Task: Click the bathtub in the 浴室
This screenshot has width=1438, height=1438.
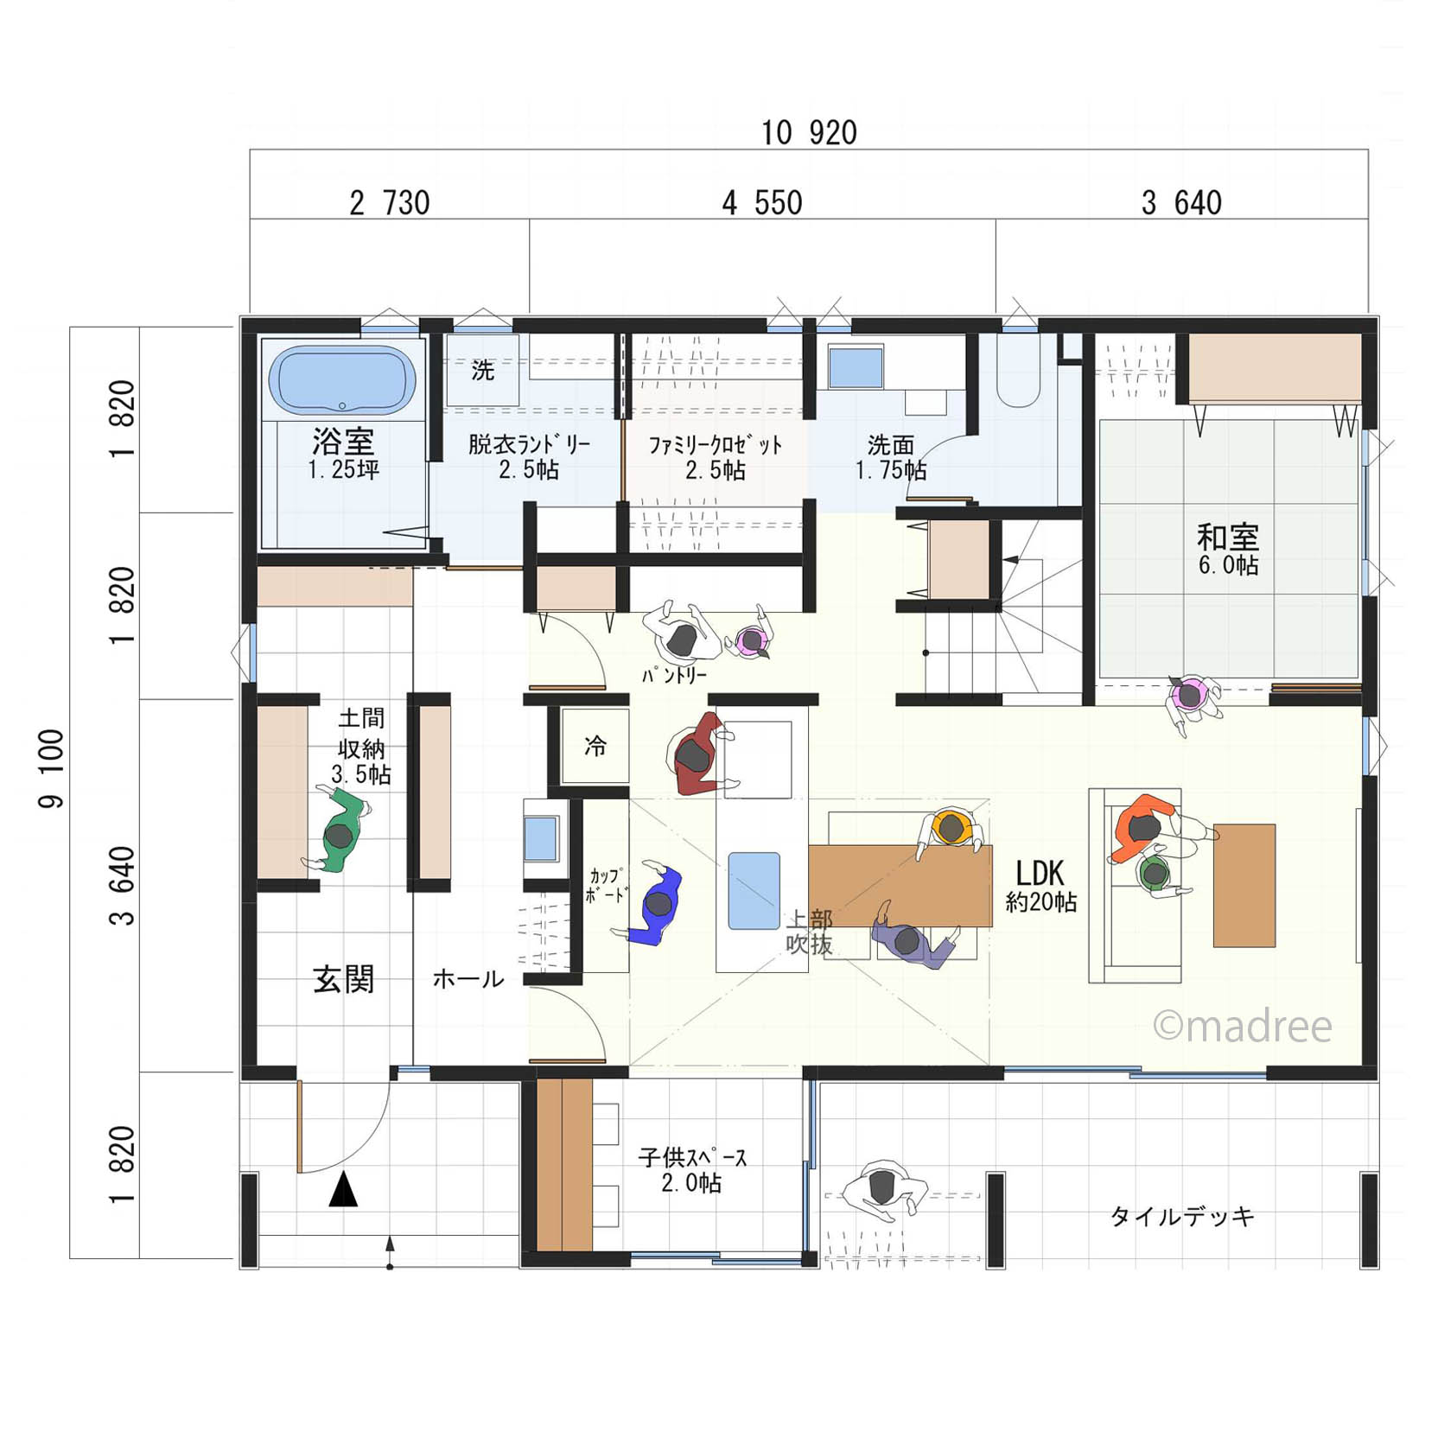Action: pos(342,380)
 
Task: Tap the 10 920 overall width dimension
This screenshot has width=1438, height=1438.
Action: pos(809,133)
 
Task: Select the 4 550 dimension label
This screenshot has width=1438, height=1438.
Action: pos(762,203)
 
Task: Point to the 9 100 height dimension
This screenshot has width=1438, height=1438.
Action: pos(51,768)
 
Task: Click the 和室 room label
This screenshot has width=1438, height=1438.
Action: pos(1227,537)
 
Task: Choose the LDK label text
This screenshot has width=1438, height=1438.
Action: pos(1040,873)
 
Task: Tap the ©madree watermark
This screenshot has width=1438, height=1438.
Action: pos(1243,1026)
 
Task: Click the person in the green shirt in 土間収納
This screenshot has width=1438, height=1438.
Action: pos(338,829)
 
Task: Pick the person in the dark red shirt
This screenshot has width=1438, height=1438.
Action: pos(697,754)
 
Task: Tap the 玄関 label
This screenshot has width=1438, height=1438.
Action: pos(343,979)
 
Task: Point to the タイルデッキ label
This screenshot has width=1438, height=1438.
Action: pos(1181,1217)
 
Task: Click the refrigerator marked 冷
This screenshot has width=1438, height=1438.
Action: pos(595,746)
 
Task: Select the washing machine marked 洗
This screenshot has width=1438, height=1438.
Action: pos(482,371)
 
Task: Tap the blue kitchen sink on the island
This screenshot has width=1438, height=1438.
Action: pos(754,891)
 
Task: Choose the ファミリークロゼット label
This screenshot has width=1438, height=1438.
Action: pos(716,446)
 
